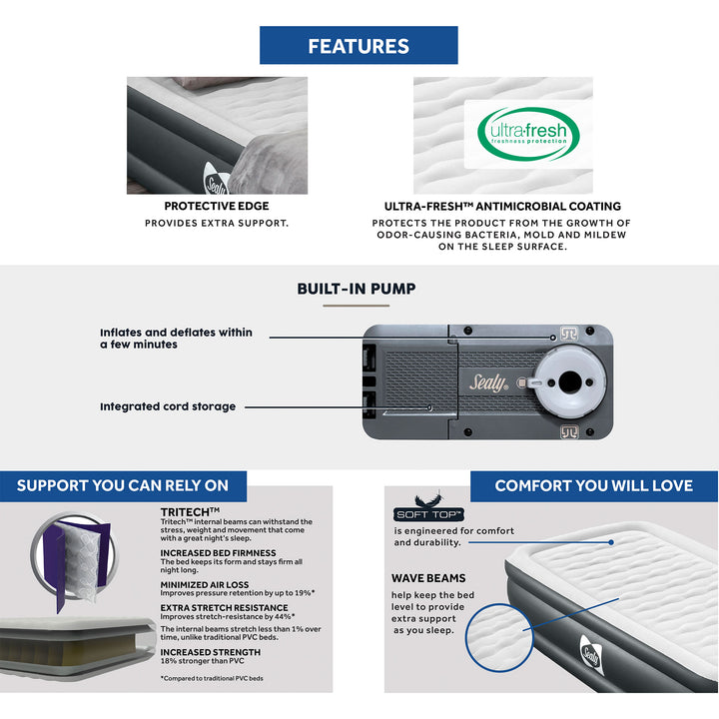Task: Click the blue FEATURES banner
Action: coord(359,46)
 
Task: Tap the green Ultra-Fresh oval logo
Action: coord(526,134)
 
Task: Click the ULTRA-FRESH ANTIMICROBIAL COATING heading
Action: coord(502,207)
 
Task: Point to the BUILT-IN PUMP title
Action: coord(357,290)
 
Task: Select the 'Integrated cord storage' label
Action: coord(168,406)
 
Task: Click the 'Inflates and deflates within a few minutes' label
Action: coord(176,338)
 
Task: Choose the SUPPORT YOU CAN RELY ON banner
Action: coord(123,485)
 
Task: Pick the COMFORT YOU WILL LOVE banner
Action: coord(593,485)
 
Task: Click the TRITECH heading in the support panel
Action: coord(191,511)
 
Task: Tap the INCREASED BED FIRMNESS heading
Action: coord(218,552)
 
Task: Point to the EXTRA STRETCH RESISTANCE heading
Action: coord(224,607)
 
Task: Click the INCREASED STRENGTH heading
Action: coord(211,652)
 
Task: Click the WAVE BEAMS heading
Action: coord(428,578)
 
